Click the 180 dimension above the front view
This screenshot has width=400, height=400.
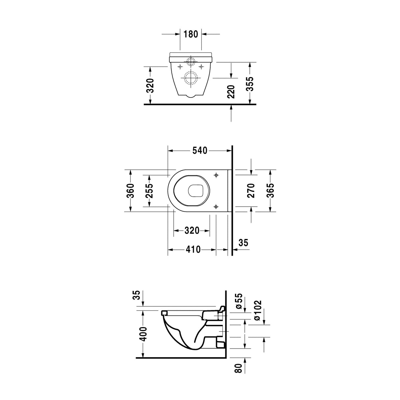pyautogui.click(x=191, y=34)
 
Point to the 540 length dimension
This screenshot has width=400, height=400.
pyautogui.click(x=200, y=151)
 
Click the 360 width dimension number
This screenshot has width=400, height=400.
pyautogui.click(x=130, y=190)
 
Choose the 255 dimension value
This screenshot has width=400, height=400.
pyautogui.click(x=150, y=190)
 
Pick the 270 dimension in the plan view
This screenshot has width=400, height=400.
pyautogui.click(x=251, y=190)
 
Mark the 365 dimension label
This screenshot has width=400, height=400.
pyautogui.click(x=270, y=190)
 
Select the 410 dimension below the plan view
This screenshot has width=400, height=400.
pyautogui.click(x=193, y=250)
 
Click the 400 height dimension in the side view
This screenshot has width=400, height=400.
pyautogui.click(x=143, y=334)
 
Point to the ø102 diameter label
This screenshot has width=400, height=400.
pyautogui.click(x=258, y=310)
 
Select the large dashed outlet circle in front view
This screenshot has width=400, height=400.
pyautogui.click(x=191, y=78)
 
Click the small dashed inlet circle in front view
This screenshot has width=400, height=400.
pyautogui.click(x=191, y=61)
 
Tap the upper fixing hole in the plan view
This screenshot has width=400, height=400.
pyautogui.click(x=216, y=175)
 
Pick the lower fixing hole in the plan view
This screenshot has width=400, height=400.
pyautogui.click(x=216, y=207)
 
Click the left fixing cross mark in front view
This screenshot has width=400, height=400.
pyautogui.click(x=180, y=67)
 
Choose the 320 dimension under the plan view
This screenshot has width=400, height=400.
pyautogui.click(x=192, y=231)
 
